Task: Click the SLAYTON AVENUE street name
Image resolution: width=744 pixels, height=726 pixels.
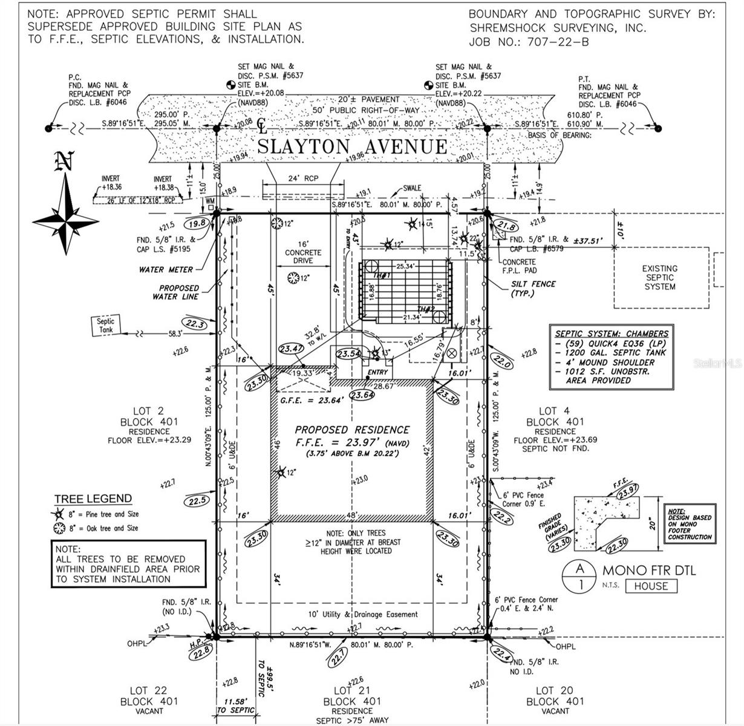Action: click(353, 146)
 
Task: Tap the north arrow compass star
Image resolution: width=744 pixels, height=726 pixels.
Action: click(65, 217)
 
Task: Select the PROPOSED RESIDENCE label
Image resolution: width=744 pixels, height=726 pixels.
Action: click(352, 430)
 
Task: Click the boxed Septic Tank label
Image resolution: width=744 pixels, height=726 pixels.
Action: click(106, 325)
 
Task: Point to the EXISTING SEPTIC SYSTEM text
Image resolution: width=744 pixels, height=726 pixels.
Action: click(659, 277)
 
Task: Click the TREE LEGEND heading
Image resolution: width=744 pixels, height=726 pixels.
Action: click(93, 499)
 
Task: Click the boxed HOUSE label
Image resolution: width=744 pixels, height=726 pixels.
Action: click(651, 586)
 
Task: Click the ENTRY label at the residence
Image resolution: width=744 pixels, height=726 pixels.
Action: click(377, 372)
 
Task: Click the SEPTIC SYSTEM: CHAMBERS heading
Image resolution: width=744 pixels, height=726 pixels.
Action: click(612, 333)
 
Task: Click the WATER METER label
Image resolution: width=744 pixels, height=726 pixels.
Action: click(166, 270)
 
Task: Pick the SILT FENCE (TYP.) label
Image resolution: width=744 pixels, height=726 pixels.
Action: click(533, 288)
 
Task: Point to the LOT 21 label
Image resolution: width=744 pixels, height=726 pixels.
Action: click(352, 690)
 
